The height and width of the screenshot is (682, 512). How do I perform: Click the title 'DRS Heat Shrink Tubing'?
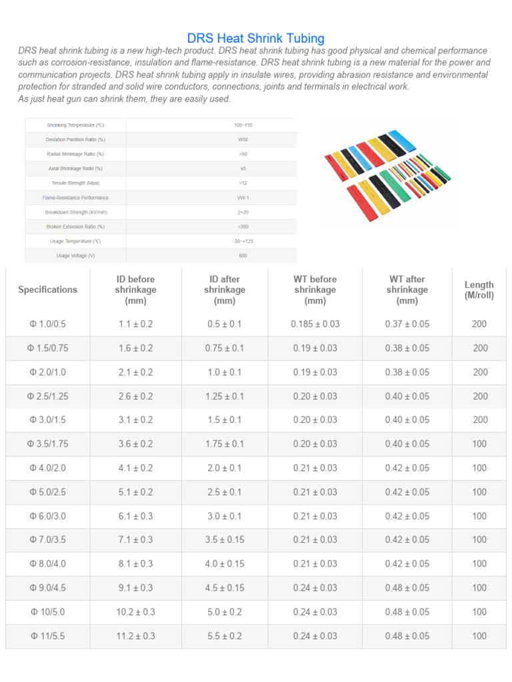tap(256, 39)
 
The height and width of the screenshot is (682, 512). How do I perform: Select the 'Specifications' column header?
tap(47, 290)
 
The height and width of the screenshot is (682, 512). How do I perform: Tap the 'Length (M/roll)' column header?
tap(479, 290)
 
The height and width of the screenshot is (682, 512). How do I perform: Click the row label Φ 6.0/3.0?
tap(47, 516)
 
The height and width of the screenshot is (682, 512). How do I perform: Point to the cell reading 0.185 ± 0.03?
tap(315, 324)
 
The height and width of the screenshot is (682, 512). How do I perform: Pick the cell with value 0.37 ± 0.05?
tap(407, 324)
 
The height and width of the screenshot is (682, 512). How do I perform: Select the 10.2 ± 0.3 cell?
tap(135, 612)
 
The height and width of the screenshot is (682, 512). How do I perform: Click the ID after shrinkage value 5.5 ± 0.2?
tap(224, 636)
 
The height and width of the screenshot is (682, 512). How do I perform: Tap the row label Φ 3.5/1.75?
tap(47, 444)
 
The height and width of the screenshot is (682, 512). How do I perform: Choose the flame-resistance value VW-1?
tap(243, 198)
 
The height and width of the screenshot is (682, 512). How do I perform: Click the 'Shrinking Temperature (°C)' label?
tap(75, 125)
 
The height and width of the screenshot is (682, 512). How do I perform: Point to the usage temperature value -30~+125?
tap(243, 241)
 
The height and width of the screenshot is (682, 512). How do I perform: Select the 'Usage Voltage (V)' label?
tap(75, 256)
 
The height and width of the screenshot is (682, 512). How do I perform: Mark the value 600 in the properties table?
tap(243, 256)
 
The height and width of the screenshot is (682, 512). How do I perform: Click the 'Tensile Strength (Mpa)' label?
tap(75, 183)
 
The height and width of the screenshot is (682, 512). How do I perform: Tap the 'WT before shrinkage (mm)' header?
tap(315, 290)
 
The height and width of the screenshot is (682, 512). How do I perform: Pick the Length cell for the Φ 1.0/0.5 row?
tap(479, 324)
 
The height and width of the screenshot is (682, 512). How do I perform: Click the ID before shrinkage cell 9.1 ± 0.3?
tap(135, 588)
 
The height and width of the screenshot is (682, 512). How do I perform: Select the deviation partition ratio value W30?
tap(243, 140)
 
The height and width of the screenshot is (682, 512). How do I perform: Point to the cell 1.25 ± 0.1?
tap(224, 396)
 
